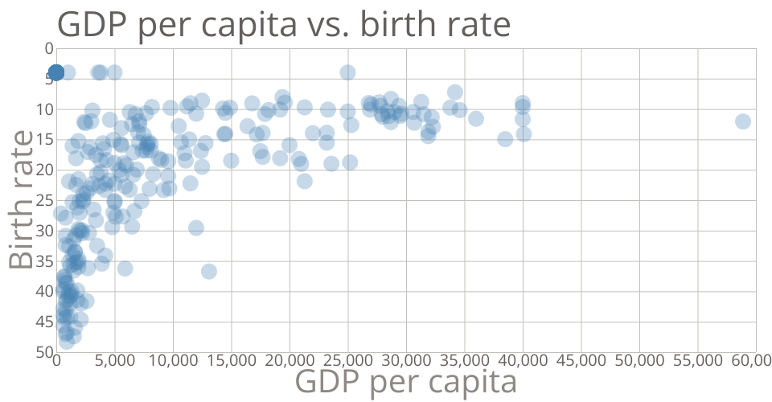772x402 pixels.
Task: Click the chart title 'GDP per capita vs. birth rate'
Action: pos(284,25)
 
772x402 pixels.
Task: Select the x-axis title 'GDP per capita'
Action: pos(406,382)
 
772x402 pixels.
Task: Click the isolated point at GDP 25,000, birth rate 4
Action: pos(347,72)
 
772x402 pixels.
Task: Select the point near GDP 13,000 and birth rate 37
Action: pos(209,271)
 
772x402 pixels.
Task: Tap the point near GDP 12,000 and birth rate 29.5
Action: pos(196,228)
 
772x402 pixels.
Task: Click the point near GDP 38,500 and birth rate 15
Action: pos(505,139)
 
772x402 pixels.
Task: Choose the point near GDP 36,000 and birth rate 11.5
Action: pos(476,118)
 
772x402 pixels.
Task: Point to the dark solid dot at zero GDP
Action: pos(55,72)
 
